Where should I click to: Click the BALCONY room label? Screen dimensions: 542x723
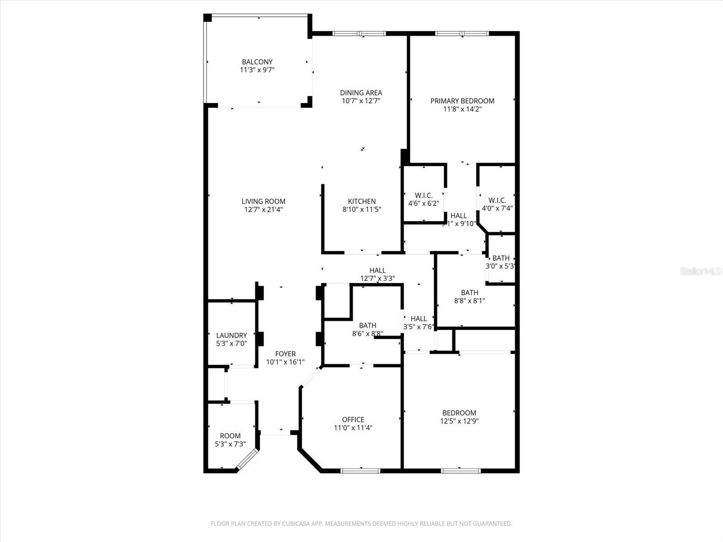[x=257, y=62]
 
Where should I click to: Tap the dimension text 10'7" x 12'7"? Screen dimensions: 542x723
[x=361, y=101]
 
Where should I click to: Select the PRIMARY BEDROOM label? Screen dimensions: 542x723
[x=462, y=101]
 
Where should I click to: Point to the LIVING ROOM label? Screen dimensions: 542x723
[x=263, y=201]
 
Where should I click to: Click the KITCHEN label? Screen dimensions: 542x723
[x=361, y=201]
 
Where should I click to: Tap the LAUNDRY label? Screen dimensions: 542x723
[x=231, y=335]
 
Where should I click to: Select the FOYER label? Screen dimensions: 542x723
[x=285, y=354]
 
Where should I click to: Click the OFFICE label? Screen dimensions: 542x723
[x=353, y=420]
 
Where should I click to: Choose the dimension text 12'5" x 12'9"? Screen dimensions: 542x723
[x=459, y=421]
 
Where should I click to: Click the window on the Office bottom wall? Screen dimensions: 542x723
[x=360, y=471]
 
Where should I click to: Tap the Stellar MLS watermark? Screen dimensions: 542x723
[x=700, y=271]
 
